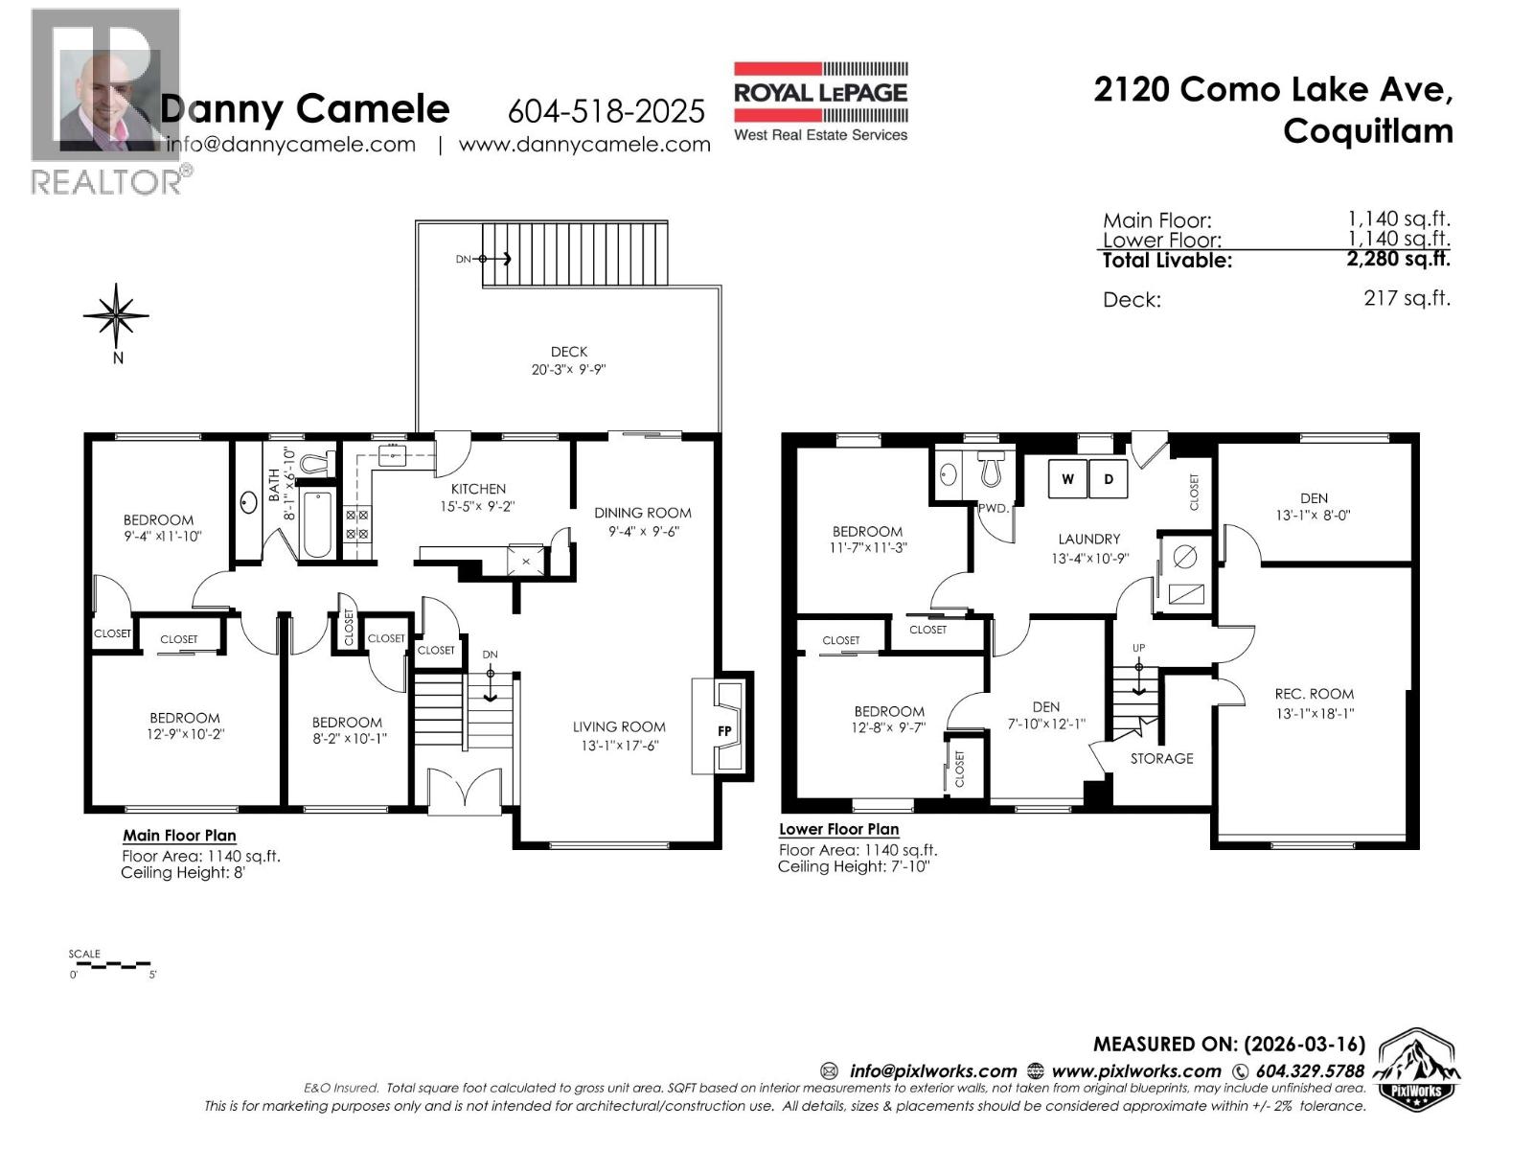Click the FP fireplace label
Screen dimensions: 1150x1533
point(724,731)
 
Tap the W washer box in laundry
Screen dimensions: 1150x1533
point(1067,479)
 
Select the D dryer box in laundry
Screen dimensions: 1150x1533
point(1109,479)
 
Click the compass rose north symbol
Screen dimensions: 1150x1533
point(116,314)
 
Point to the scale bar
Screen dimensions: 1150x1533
point(109,963)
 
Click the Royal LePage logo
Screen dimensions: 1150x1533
point(820,102)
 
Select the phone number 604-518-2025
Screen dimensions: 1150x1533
point(606,111)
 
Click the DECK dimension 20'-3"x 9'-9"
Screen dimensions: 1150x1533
point(569,370)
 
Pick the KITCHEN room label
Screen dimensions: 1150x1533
point(478,489)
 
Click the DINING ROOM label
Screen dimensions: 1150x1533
point(642,513)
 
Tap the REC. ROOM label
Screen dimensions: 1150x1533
point(1314,694)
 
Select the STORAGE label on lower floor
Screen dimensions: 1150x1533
point(1161,758)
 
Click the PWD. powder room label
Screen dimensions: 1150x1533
point(994,509)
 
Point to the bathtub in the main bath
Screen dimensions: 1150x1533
point(316,523)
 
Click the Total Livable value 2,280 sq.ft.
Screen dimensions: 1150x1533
point(1398,259)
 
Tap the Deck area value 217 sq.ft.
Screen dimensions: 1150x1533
point(1407,298)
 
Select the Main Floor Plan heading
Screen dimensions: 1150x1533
point(179,836)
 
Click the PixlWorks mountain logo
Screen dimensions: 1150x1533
point(1417,1069)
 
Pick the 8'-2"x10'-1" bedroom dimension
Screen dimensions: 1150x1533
point(347,739)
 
